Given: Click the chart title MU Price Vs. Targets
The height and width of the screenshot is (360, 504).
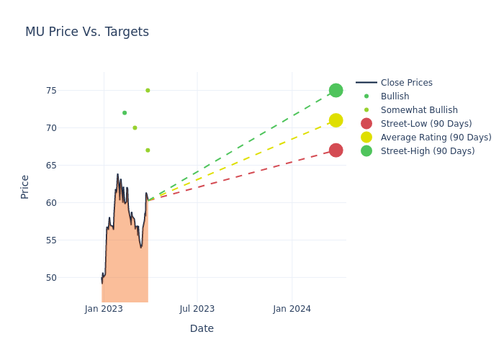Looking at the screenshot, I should pos(87,32).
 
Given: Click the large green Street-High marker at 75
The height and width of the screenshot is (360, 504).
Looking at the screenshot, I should pos(336,90).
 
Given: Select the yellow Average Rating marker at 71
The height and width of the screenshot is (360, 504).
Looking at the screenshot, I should pos(336,120).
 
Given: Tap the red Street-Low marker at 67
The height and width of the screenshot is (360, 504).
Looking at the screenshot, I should pos(336,150).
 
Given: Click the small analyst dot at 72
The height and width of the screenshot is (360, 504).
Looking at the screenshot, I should pos(125,112).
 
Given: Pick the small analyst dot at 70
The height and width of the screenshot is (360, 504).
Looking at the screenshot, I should pos(135,127).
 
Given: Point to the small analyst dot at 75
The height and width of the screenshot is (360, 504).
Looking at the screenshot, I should pos(148,90).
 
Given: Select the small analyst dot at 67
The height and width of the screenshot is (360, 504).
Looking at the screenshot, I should pos(148,150).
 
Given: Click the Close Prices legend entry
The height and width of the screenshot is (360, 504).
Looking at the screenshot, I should pos(406,83).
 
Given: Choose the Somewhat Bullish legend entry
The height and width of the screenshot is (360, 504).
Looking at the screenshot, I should pos(419,110).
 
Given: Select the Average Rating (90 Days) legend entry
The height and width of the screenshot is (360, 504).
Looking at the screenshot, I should pos(436,138).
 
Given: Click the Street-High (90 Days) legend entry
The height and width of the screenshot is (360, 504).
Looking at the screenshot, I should pos(427,151).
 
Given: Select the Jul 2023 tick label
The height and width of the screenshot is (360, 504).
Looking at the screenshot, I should pos(197,309).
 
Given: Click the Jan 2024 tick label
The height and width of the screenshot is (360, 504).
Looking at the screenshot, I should pos(292,309).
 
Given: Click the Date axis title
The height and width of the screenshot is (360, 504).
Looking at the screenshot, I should pos(202,328).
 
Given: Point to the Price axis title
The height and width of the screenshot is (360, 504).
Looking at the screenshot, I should pos(25,186).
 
